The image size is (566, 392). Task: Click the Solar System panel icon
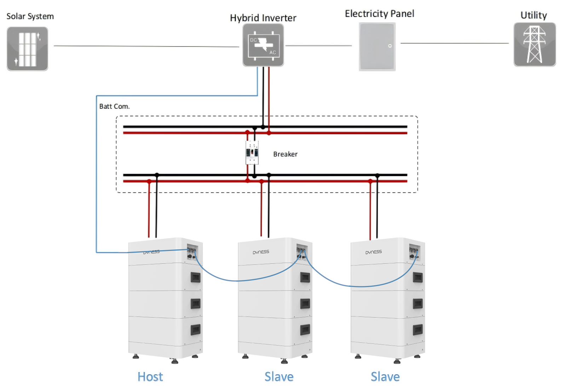(x=27, y=49)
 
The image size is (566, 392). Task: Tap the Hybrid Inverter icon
(x=263, y=45)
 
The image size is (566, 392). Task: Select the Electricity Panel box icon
(x=377, y=46)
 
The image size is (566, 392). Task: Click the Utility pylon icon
(x=535, y=45)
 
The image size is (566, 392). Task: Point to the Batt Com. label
(x=114, y=106)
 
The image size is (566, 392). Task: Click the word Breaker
(x=285, y=154)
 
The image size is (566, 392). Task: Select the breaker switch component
(x=252, y=152)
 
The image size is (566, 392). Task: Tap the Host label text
(x=150, y=376)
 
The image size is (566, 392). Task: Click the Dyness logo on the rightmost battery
(x=374, y=252)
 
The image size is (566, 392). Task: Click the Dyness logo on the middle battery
(x=261, y=252)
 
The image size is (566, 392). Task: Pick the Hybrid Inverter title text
(x=263, y=18)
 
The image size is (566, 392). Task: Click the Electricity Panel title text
(x=379, y=14)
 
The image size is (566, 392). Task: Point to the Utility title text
(x=533, y=15)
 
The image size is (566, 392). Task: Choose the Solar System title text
(x=30, y=16)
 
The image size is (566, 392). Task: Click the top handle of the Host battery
(x=196, y=277)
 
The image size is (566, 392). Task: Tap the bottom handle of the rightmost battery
(x=418, y=330)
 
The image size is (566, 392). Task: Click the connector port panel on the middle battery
(x=301, y=252)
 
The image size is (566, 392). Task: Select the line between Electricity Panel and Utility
(x=455, y=43)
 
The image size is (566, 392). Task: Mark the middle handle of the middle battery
(x=305, y=303)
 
